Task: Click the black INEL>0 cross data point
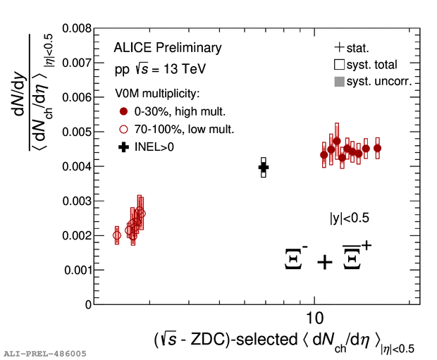tap(264, 167)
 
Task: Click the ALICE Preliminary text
tap(167, 48)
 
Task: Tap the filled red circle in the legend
tap(124, 111)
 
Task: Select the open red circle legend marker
tap(124, 129)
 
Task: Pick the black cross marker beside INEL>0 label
tap(124, 147)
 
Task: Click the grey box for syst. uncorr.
tap(340, 82)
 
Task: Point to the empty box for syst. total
tap(340, 66)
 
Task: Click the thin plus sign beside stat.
tap(340, 49)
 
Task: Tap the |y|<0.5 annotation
tap(350, 218)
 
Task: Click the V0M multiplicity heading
tap(159, 94)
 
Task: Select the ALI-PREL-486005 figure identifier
tap(44, 352)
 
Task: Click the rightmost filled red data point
tap(377, 149)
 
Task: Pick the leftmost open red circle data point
tap(117, 235)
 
